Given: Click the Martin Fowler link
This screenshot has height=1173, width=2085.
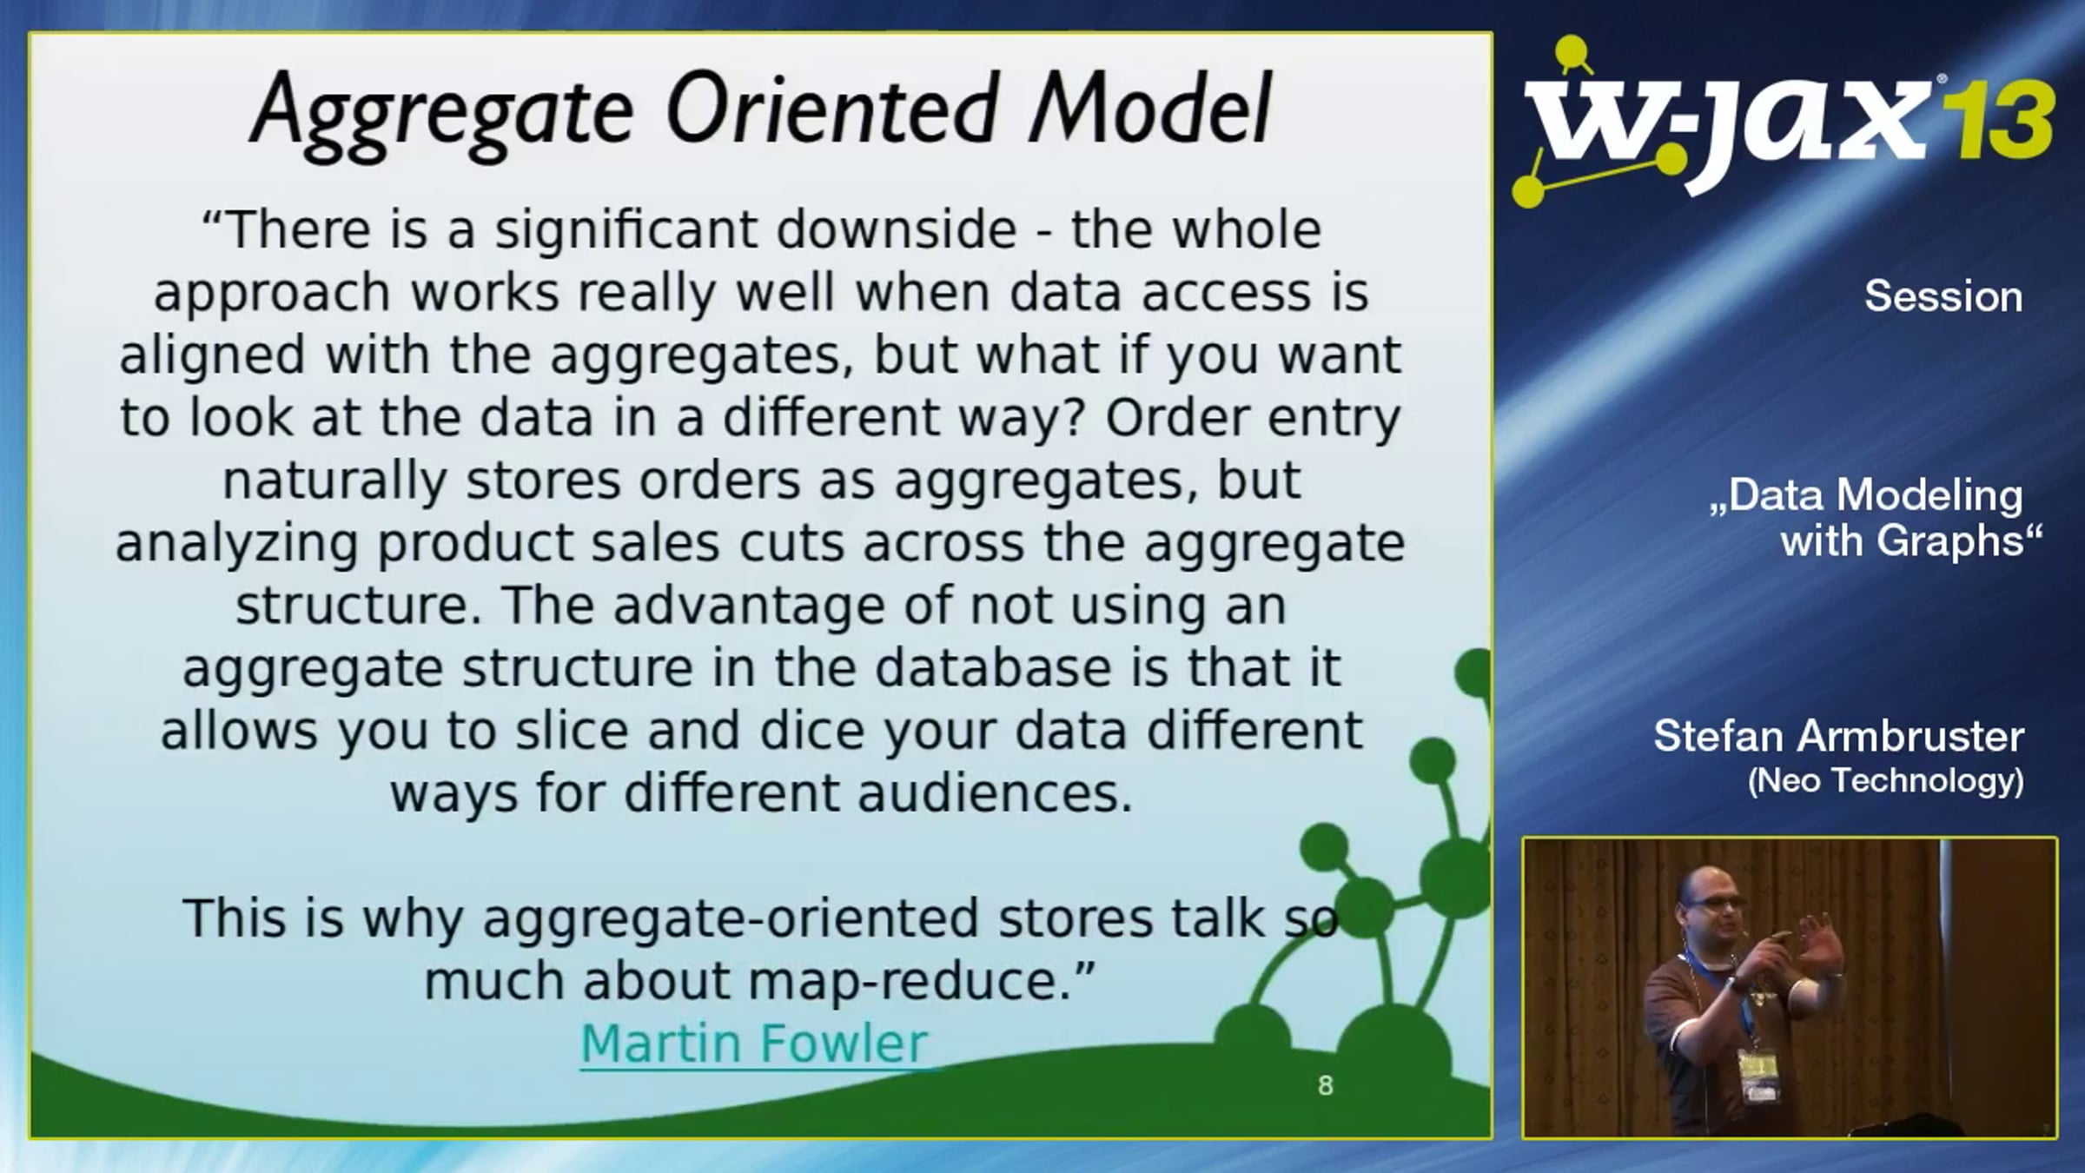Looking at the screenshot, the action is (754, 1043).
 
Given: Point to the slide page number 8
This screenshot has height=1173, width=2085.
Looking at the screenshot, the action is (1325, 1085).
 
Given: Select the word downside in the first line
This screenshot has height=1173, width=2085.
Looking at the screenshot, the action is (897, 229).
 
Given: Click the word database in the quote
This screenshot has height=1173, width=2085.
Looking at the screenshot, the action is (993, 667).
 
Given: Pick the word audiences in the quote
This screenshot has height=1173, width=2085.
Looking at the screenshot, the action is (996, 792).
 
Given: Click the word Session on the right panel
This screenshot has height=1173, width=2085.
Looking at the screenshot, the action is (1943, 296).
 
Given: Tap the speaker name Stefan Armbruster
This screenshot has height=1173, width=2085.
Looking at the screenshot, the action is (1839, 736).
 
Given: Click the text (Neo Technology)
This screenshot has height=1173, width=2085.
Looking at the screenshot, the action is (1886, 780).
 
